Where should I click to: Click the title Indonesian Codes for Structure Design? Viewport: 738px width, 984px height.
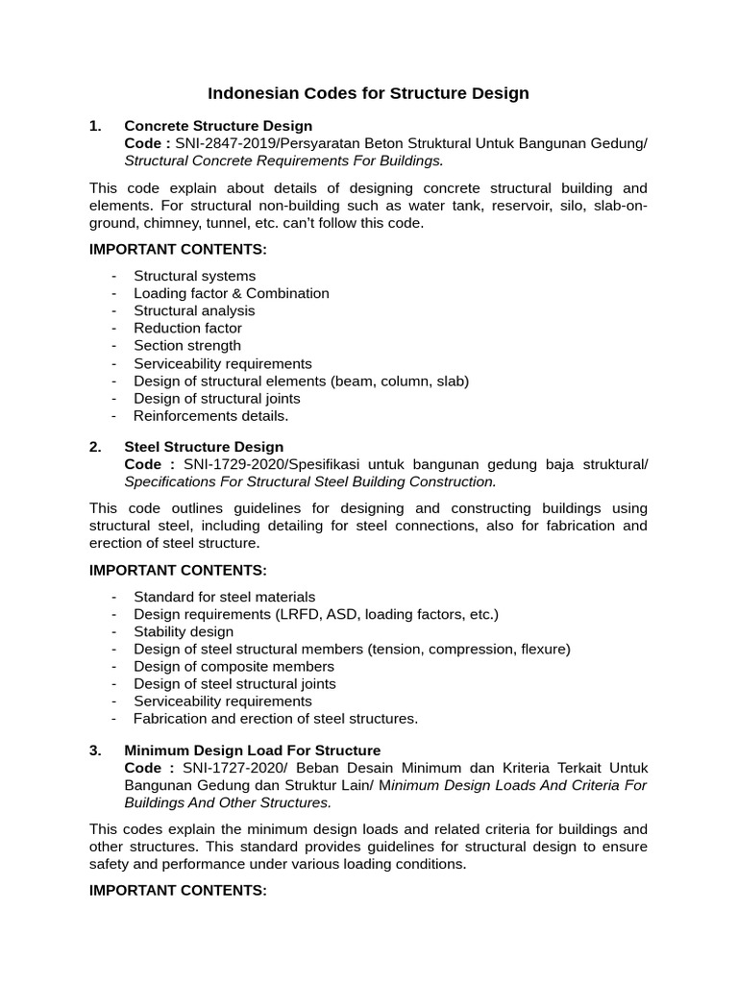[369, 93]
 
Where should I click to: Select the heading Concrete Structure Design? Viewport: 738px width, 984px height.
[218, 126]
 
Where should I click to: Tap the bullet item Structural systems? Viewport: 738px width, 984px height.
[194, 276]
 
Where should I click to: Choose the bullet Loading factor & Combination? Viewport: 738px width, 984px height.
[231, 293]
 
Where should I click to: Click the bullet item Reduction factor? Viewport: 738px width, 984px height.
[187, 328]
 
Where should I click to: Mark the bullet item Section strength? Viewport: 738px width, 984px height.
[187, 345]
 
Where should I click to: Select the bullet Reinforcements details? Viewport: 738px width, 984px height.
[210, 416]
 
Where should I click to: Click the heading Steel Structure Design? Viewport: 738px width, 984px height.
[204, 447]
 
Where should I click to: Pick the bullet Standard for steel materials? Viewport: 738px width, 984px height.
[224, 597]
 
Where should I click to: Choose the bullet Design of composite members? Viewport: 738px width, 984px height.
[234, 666]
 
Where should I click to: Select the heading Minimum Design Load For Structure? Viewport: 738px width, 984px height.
[253, 750]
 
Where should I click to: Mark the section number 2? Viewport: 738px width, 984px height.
[95, 447]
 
